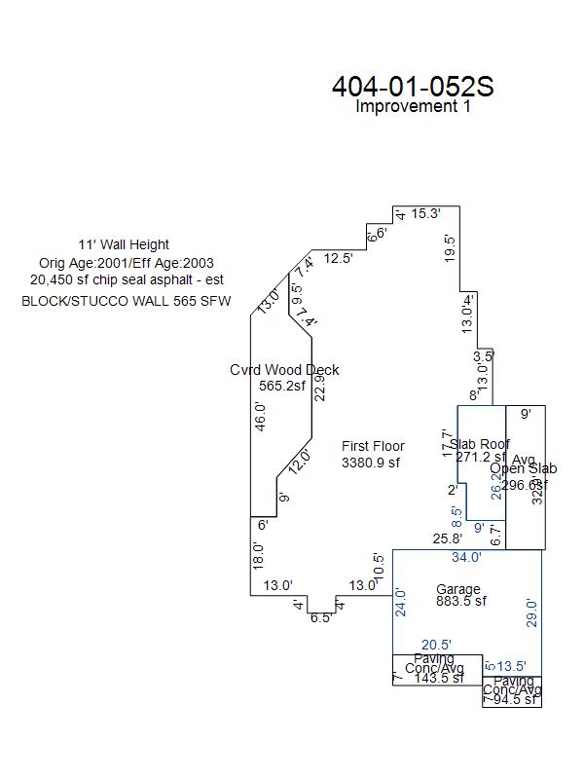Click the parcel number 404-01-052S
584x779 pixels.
413,87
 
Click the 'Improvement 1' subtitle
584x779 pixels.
413,107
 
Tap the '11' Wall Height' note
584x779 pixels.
124,244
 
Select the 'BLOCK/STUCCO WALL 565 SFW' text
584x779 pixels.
127,302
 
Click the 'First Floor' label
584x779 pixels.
373,447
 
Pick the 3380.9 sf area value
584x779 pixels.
371,464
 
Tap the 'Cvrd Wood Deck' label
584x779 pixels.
284,370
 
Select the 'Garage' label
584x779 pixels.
457,589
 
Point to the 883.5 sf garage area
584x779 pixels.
460,602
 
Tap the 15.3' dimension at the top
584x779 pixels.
425,213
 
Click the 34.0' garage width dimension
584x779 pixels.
466,558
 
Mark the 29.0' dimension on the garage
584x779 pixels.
531,612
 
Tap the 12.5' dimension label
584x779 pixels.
339,258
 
